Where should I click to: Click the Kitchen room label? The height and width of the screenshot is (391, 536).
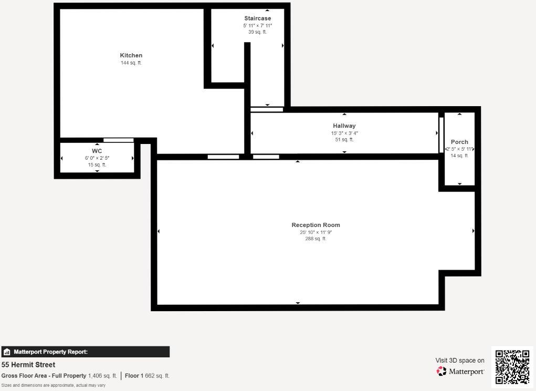click(131, 55)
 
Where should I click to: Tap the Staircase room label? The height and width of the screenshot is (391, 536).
click(257, 18)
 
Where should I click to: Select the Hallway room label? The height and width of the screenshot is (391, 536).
click(344, 126)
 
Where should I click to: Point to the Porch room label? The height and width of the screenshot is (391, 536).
click(459, 142)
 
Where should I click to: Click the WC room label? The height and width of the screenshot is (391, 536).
click(97, 151)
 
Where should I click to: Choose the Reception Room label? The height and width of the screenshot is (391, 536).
click(316, 225)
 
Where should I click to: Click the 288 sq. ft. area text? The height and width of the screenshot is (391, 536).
click(316, 239)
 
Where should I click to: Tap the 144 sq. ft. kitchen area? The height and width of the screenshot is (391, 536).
click(131, 63)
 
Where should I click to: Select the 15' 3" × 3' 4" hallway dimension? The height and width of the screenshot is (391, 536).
click(344, 133)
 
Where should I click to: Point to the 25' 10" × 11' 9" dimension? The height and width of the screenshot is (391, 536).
click(316, 232)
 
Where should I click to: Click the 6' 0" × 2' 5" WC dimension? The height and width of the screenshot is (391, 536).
click(97, 158)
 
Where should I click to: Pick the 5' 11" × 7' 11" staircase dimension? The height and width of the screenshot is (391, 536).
click(257, 25)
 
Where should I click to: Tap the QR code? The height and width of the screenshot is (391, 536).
click(512, 367)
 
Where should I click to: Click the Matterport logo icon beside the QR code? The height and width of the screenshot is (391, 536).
click(442, 371)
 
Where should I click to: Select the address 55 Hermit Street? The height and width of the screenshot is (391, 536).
click(28, 365)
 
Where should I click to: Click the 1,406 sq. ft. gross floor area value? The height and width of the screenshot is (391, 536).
click(102, 376)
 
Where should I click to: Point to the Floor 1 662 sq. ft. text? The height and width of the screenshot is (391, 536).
click(147, 376)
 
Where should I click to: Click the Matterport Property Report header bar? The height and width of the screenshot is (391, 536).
click(85, 352)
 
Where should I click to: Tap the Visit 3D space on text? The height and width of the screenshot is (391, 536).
click(460, 361)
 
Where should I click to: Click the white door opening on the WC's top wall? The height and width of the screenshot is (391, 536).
click(118, 140)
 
